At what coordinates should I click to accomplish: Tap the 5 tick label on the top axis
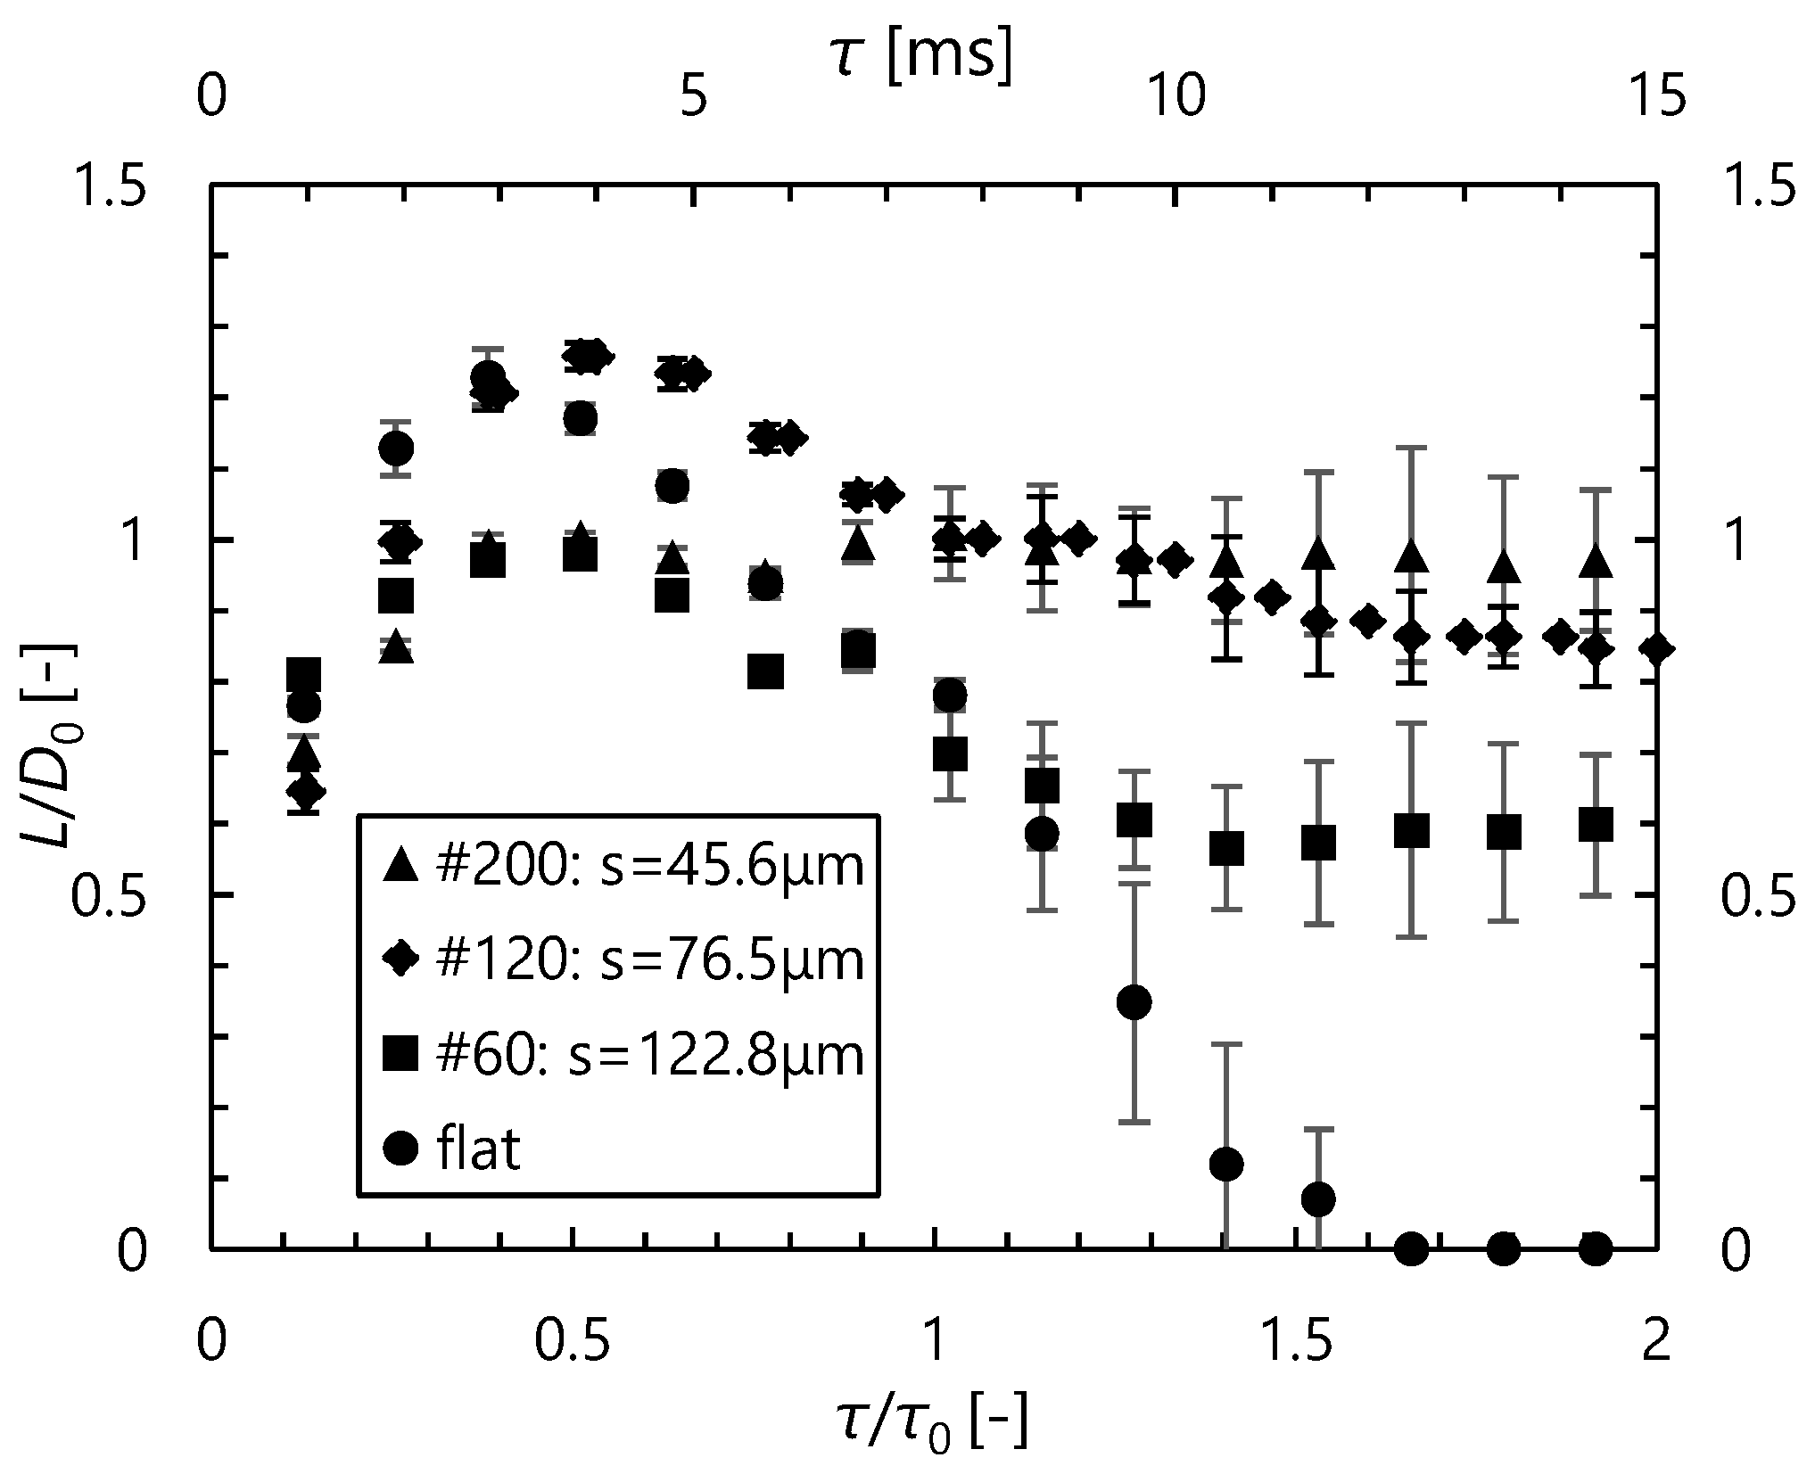coord(694,95)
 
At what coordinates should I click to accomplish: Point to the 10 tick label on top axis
coord(1176,95)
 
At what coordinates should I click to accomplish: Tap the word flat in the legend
coord(479,1150)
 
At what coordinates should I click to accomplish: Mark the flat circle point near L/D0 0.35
coord(1134,1002)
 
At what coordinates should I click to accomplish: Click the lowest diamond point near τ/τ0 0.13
coord(305,792)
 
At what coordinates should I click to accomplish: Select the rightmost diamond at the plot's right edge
coord(1656,648)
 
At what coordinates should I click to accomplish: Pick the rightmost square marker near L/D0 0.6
coord(1596,826)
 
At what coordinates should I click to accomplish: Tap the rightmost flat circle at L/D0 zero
coord(1596,1248)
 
